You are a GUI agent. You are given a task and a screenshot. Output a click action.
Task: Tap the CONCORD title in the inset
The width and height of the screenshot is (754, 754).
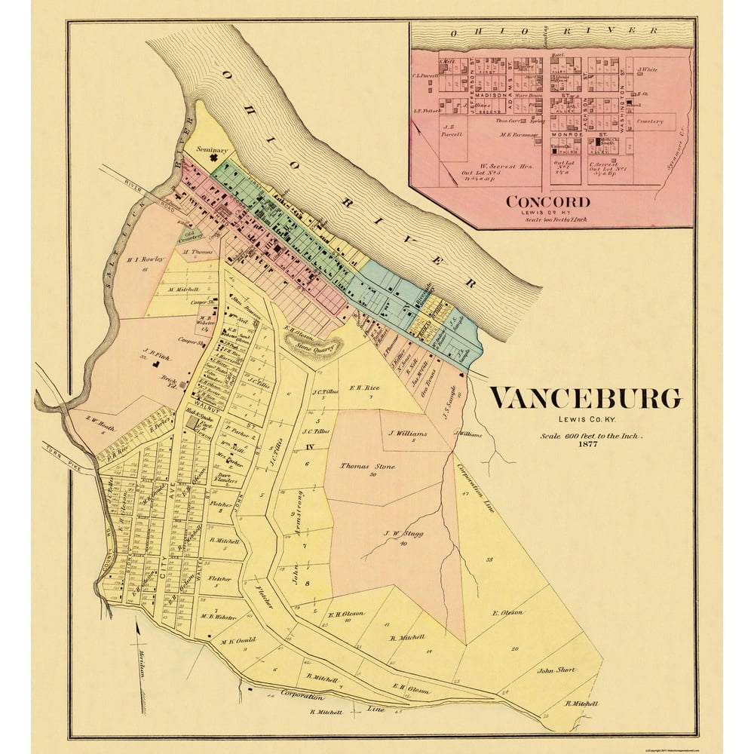coord(548,202)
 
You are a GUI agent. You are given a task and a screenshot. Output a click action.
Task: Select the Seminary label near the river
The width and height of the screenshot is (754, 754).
coord(211,149)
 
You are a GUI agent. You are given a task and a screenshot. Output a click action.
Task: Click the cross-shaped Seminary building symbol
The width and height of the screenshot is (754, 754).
coord(222,160)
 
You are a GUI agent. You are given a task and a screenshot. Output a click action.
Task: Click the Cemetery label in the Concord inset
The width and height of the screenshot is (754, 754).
coord(648,121)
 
